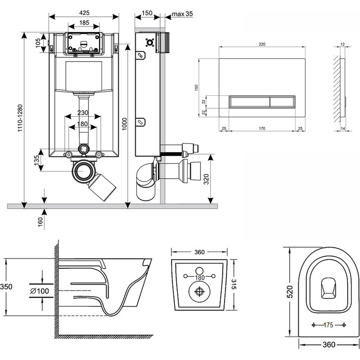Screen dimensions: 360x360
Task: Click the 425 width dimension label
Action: coord(84,12)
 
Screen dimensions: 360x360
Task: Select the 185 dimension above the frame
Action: coord(84,23)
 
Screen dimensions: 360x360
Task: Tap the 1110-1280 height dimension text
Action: coord(19,119)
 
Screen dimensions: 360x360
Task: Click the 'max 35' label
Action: coord(182,14)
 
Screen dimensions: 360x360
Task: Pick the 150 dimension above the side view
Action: coord(147,13)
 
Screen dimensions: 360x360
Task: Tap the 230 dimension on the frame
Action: coord(82,113)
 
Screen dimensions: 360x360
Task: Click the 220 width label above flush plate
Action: coord(262,44)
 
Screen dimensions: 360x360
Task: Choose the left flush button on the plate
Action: coord(249,102)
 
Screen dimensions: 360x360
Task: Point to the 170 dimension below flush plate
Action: coord(262,128)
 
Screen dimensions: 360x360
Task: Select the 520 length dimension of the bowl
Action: coord(290,292)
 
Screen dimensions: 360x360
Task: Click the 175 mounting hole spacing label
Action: coord(328,325)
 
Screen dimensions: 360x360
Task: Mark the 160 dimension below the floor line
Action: coord(40,221)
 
